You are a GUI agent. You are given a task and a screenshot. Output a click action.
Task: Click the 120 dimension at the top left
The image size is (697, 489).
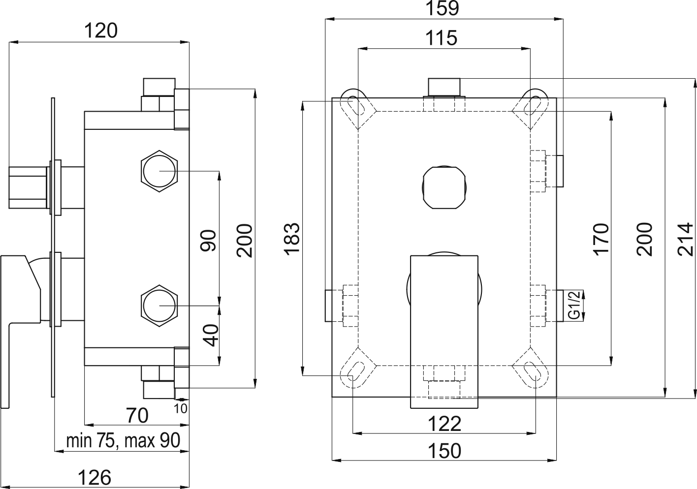(101, 31)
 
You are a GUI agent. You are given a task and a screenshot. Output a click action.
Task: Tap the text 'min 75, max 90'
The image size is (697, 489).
(123, 440)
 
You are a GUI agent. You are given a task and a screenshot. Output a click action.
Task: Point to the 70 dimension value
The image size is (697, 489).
(137, 415)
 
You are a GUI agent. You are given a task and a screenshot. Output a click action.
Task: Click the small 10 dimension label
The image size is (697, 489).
(180, 408)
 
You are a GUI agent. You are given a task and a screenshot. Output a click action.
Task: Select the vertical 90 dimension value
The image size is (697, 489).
(209, 241)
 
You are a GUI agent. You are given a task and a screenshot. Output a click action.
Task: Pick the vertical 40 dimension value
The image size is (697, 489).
(210, 335)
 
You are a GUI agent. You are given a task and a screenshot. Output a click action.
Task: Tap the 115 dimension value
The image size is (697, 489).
(442, 38)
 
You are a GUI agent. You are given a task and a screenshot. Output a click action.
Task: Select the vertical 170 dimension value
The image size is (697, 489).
(601, 239)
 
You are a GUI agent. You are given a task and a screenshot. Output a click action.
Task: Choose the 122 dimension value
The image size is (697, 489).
(444, 423)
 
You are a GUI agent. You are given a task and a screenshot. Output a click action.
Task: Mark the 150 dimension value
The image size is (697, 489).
(444, 451)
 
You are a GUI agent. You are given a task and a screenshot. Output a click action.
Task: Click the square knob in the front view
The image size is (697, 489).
(444, 187)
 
